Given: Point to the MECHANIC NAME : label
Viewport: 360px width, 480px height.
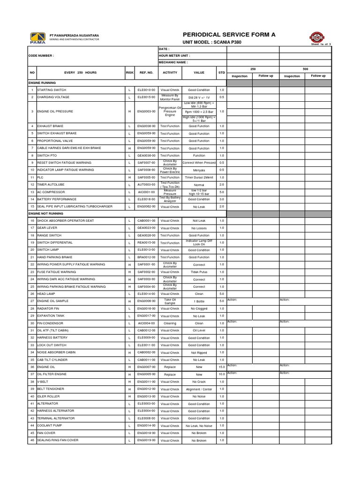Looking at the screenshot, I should (173, 62).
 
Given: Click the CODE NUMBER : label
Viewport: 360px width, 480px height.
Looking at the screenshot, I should (42, 55).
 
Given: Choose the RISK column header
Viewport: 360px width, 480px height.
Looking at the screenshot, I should (129, 73).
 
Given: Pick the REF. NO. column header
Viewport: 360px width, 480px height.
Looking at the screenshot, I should (146, 73).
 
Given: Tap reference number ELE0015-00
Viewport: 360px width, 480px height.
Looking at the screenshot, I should (146, 97).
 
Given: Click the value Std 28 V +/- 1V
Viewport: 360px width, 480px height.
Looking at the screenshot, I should (199, 97).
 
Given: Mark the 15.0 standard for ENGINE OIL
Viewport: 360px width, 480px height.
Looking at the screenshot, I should (222, 367).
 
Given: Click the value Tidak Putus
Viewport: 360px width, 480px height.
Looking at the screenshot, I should (199, 272).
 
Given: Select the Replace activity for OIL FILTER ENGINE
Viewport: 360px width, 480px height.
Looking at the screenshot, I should (170, 375).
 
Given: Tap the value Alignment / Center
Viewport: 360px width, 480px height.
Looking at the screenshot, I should (199, 389).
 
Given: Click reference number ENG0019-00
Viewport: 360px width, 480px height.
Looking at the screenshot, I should (146, 441).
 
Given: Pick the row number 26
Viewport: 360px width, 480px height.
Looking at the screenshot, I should (32, 294).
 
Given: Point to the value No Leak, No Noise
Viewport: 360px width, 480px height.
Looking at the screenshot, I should (199, 426).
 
